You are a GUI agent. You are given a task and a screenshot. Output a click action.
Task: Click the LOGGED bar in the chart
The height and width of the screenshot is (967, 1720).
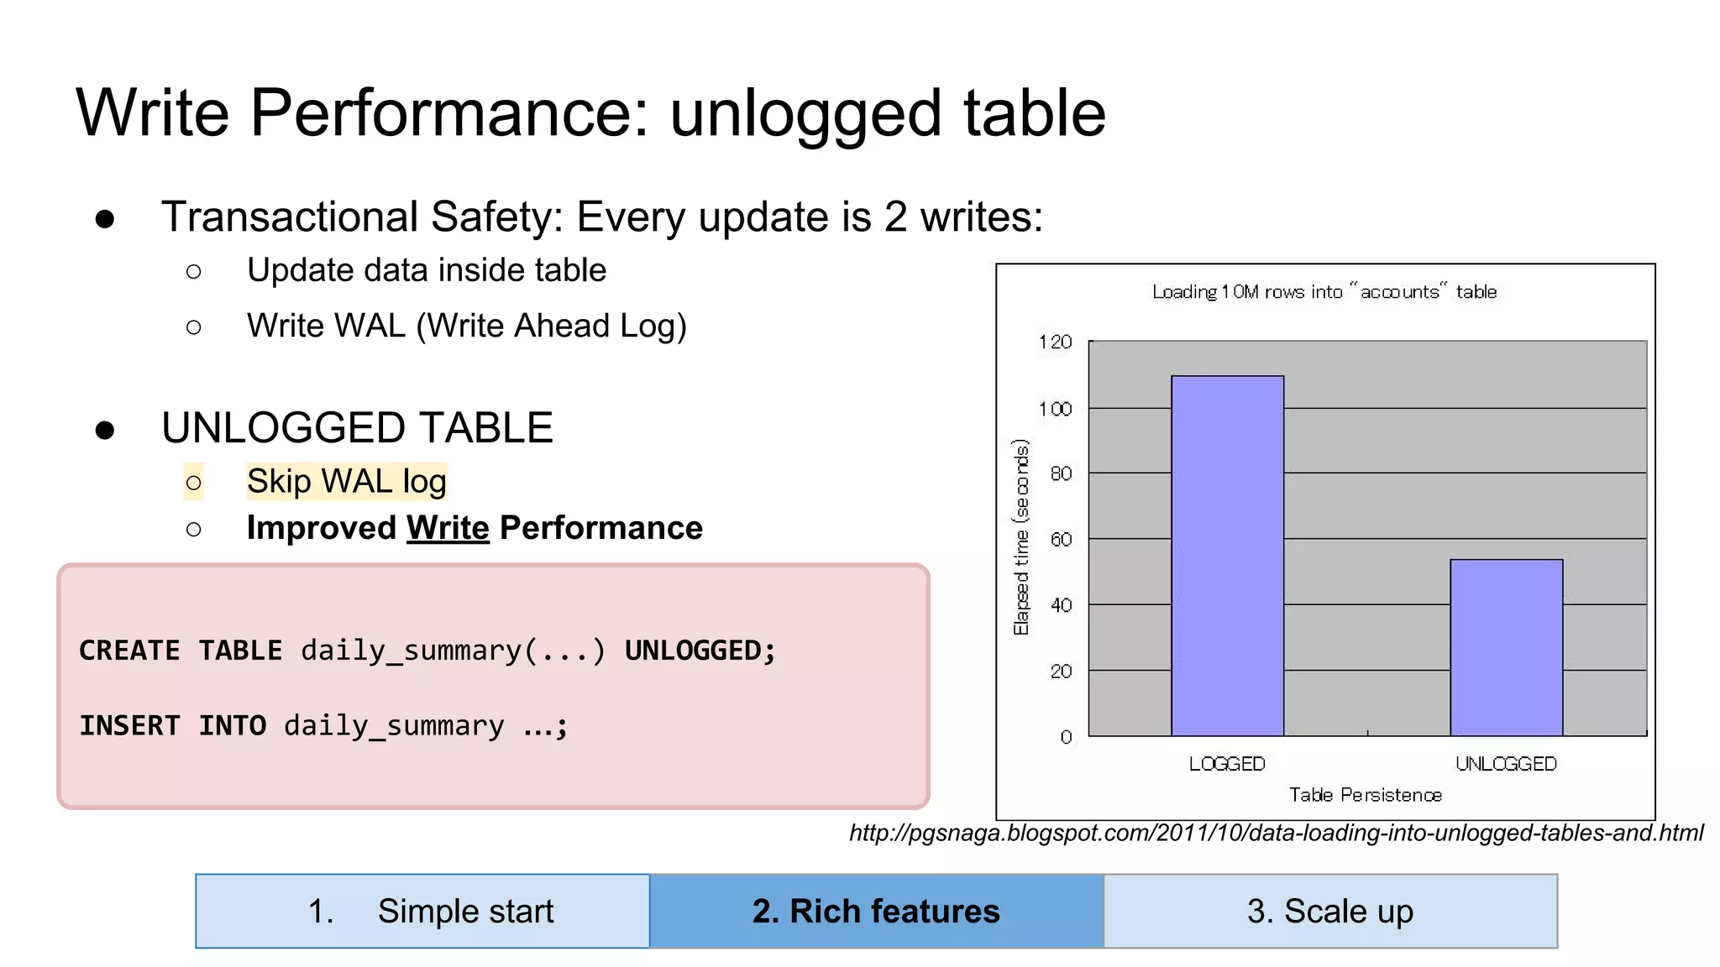(1227, 556)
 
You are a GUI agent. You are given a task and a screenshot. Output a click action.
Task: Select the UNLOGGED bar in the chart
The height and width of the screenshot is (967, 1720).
(1506, 647)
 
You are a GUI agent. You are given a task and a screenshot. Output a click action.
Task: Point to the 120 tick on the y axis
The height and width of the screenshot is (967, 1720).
(1056, 342)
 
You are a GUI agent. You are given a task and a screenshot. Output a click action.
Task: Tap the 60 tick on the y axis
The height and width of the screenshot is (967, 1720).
(1062, 540)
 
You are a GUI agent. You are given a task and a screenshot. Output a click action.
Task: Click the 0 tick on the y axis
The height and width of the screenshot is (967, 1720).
(1066, 737)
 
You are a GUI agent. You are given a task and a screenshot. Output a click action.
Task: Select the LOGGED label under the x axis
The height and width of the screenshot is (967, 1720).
(1227, 764)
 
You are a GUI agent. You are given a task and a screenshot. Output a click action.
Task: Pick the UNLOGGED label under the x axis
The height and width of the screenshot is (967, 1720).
(1506, 764)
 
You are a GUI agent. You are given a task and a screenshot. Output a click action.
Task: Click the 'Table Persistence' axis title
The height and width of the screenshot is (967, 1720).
(1366, 795)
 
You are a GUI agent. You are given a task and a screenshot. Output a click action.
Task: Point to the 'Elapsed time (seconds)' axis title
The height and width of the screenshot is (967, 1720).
(1021, 537)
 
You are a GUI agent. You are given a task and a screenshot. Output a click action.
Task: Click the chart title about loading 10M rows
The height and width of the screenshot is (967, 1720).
(1324, 292)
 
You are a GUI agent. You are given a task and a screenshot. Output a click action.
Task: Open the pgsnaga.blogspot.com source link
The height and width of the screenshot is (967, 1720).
(1277, 833)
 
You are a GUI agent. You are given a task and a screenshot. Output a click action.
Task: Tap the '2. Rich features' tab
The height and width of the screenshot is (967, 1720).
(876, 911)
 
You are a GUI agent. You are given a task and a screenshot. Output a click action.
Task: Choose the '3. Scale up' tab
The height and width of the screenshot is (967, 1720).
(1330, 911)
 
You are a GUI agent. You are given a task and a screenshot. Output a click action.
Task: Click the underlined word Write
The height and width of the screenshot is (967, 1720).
(448, 528)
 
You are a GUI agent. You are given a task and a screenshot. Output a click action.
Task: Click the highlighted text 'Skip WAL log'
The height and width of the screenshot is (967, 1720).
(346, 482)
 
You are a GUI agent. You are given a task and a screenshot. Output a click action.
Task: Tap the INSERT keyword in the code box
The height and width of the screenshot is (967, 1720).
(130, 725)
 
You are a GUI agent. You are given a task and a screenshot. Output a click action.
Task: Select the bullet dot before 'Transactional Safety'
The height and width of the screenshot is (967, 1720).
(105, 219)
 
